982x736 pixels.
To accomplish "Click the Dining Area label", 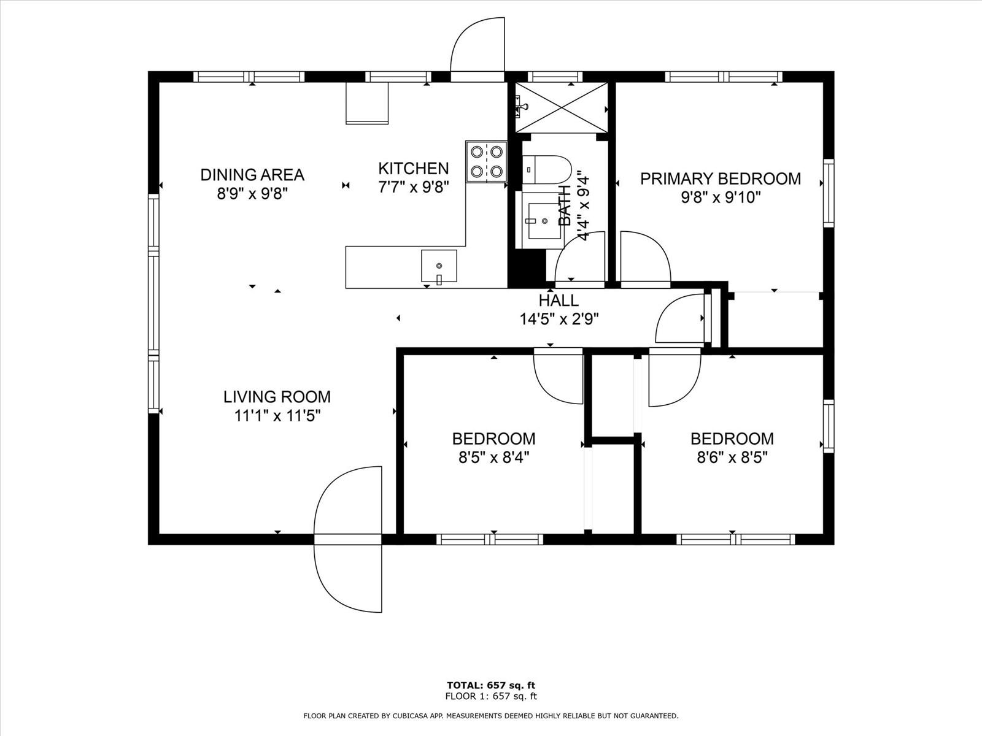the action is (x=252, y=174).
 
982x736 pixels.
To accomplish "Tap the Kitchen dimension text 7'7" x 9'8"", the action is (x=414, y=187).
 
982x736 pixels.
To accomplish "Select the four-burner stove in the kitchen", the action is (x=486, y=161).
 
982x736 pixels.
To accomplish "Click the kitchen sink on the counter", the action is (x=439, y=266).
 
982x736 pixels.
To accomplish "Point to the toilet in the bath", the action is (x=547, y=169).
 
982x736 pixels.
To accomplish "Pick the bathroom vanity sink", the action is (x=544, y=220).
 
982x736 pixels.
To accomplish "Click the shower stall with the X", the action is (x=562, y=107).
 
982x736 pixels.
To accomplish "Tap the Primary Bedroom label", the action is (x=721, y=178).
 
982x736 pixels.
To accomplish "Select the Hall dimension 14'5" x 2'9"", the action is (x=559, y=319).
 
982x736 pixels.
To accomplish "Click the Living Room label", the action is (x=277, y=397).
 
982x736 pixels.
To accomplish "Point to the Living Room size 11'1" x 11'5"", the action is (x=278, y=416).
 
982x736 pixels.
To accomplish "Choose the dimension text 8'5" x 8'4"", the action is (x=494, y=458).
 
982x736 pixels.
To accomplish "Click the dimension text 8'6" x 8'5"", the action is (x=732, y=458).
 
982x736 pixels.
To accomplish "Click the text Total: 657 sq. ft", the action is (x=491, y=685).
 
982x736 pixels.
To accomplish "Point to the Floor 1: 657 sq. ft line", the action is (x=491, y=696).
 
